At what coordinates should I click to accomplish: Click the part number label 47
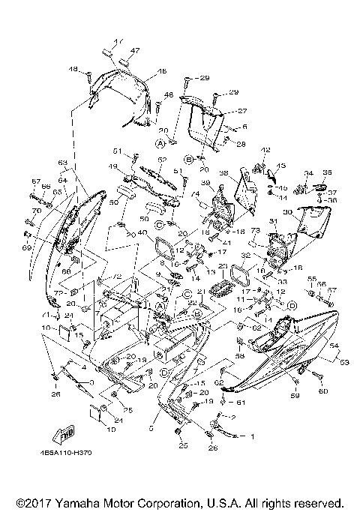point(136,50)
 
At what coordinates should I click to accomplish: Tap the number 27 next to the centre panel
point(221,110)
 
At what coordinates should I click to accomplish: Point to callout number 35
point(327,172)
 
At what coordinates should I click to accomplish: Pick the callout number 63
point(62,162)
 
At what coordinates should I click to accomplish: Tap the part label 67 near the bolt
point(35,181)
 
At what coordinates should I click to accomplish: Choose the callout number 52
point(161,160)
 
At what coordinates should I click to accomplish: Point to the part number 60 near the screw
point(324,391)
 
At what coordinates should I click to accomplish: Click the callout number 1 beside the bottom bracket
point(252,436)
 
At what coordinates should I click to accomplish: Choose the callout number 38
point(223,173)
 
